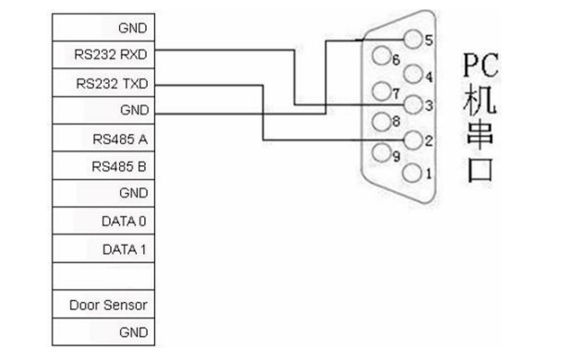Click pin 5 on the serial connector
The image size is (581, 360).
pyautogui.click(x=413, y=38)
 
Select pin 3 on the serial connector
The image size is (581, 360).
pyautogui.click(x=413, y=104)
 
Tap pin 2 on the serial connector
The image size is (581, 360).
pyautogui.click(x=413, y=139)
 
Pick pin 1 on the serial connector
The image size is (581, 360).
pyautogui.click(x=413, y=172)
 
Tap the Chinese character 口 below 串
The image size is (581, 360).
pyautogui.click(x=481, y=171)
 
